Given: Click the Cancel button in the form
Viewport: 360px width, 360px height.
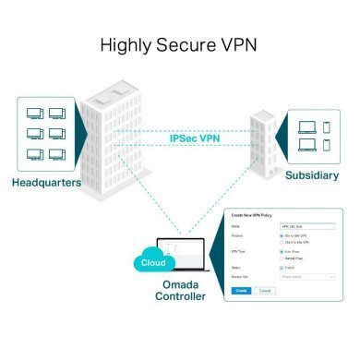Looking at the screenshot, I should tap(264, 289).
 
